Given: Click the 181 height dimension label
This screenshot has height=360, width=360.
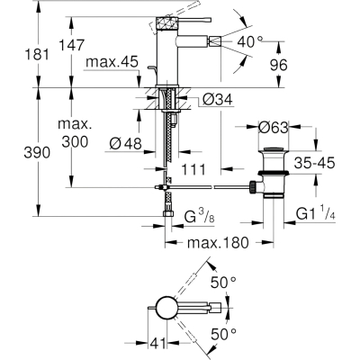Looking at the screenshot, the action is [x=37, y=55].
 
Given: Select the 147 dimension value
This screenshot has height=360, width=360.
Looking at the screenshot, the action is [x=71, y=45].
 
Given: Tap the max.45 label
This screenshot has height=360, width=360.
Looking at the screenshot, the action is [x=112, y=62].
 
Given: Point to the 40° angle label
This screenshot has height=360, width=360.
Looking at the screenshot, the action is [x=250, y=41].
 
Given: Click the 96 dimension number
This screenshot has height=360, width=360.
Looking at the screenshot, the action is [x=278, y=65].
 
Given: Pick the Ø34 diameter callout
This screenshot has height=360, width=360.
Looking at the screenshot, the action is [x=218, y=99].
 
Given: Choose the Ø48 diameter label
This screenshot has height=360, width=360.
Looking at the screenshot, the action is [x=126, y=143].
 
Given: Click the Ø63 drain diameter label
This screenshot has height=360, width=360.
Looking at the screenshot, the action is [x=273, y=128].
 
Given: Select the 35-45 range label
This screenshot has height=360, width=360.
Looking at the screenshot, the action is [x=314, y=164].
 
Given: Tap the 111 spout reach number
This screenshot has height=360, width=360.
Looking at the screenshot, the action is [x=193, y=170].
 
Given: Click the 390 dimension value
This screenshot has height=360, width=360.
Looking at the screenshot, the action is [x=37, y=153].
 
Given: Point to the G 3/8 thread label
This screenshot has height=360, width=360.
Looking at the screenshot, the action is [x=199, y=217].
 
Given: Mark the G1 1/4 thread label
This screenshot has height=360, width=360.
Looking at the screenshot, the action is [x=316, y=213].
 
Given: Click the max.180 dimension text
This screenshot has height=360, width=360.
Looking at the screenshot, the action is [x=218, y=242].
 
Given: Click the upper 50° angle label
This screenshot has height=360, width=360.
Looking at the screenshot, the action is [x=223, y=283].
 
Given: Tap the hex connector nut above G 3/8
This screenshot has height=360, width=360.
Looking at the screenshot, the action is [x=168, y=214].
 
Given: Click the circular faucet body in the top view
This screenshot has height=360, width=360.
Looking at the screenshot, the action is [x=166, y=309].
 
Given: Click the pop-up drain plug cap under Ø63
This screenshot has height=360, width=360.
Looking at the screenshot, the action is [x=273, y=149].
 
